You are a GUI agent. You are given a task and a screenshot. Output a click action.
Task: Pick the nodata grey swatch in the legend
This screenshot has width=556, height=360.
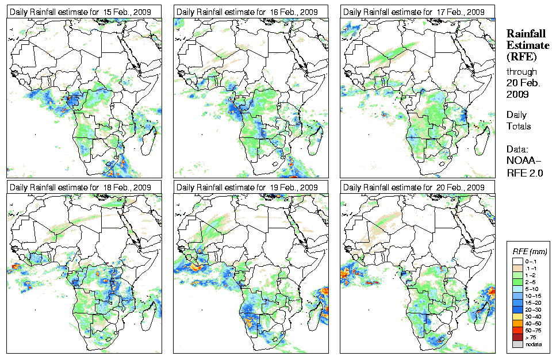[517, 344]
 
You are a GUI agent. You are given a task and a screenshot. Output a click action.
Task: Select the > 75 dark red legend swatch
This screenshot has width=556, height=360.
[517, 338]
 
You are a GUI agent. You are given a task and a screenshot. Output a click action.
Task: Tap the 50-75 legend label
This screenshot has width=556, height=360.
[532, 331]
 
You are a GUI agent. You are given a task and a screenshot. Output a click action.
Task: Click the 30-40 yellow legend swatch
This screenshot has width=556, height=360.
[517, 317]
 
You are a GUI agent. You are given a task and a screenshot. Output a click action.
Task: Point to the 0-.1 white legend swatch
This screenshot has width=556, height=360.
[517, 262]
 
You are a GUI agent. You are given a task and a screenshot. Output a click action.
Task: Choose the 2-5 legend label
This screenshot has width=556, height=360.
[531, 282]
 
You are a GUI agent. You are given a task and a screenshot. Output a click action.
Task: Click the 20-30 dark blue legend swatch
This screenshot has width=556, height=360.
[517, 310]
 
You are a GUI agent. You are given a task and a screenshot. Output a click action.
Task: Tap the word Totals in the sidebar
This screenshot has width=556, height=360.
[519, 126]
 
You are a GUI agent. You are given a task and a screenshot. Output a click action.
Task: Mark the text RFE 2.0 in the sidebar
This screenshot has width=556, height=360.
[525, 173]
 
